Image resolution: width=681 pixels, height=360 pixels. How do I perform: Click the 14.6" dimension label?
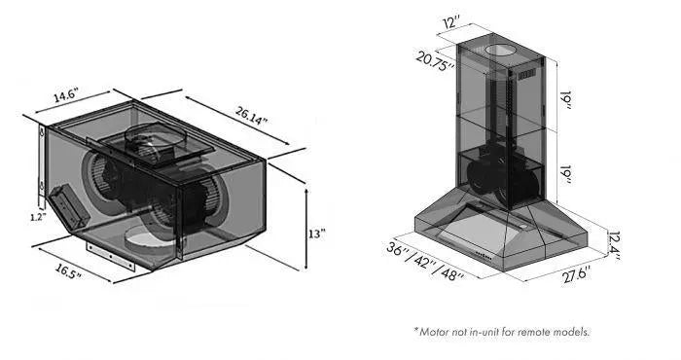tap(65, 95)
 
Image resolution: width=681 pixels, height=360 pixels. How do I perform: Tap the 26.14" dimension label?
tap(251, 115)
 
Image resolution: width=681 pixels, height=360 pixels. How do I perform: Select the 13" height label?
tap(316, 234)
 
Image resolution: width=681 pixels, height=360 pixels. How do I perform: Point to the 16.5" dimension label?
tap(68, 271)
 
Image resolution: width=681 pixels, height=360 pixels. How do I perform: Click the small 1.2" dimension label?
tap(38, 218)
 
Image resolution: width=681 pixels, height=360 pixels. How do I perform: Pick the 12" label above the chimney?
tap(451, 21)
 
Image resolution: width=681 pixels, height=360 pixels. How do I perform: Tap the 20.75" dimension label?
tap(435, 60)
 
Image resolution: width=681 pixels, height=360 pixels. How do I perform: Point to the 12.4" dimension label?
tap(613, 246)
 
